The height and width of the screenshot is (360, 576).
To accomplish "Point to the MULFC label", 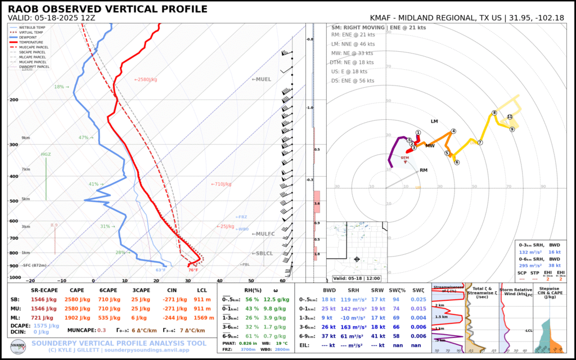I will (x=263, y=233).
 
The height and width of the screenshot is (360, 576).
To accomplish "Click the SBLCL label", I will (x=264, y=254).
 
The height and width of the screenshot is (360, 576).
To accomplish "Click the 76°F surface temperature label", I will (x=193, y=270).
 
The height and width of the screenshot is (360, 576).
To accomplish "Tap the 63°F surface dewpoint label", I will (x=160, y=270).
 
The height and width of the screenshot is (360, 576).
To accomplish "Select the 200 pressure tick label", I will (x=14, y=100).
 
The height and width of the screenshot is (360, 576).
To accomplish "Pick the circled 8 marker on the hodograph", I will (x=494, y=113).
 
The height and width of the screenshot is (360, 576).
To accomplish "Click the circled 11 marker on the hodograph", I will (x=510, y=116).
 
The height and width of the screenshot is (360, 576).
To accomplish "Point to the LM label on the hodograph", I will (x=434, y=121).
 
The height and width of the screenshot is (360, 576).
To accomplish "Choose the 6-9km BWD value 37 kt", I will (x=328, y=335).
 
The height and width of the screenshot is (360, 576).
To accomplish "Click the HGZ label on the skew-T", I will (x=46, y=154).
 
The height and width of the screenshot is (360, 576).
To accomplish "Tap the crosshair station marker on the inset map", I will (x=357, y=259).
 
